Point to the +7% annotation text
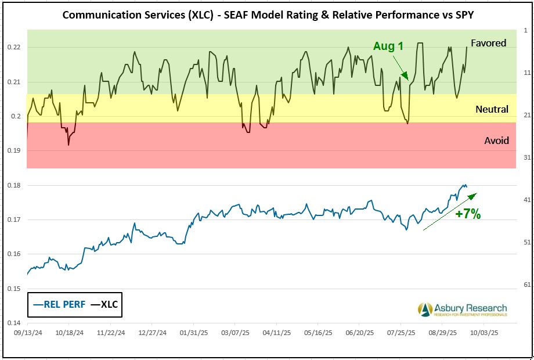(x=468, y=214)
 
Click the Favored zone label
(x=488, y=43)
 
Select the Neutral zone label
(x=492, y=109)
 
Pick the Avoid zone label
(x=496, y=141)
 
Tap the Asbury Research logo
(x=462, y=309)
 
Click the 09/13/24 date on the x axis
(x=27, y=334)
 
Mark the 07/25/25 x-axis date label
(x=400, y=334)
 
